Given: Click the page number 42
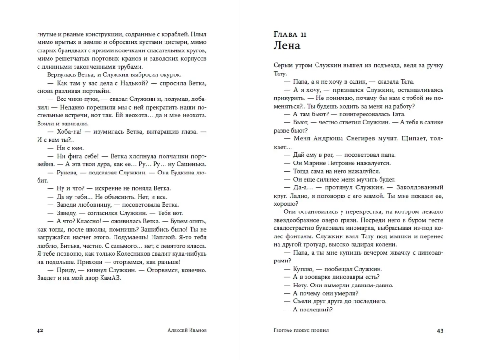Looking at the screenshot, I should pos(40,330).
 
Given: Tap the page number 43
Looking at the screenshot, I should pos(440,330).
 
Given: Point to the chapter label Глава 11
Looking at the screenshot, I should pos(290,34).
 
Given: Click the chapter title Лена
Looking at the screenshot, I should pos(286,46).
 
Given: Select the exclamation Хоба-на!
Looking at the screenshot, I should pos(69,131).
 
